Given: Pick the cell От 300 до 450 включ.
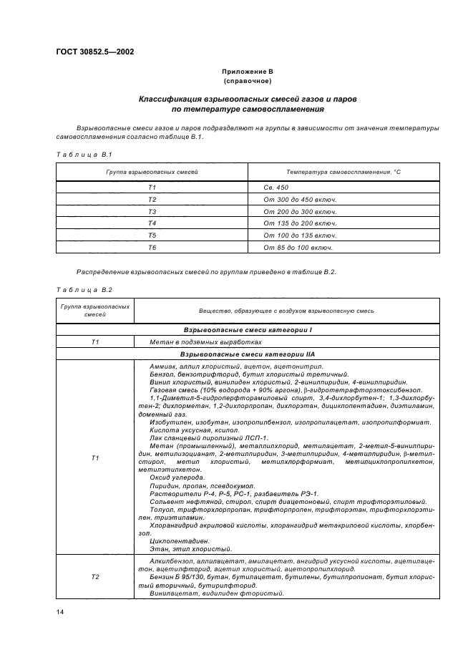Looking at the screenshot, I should coord(300,199).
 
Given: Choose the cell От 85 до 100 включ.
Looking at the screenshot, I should coord(298,248).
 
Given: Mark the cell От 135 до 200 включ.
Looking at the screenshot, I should coord(300,223).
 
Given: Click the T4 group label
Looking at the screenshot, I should coord(152,223).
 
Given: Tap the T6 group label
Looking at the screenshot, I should coord(152,248).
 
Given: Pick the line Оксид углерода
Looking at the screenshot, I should coord(177,477).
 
